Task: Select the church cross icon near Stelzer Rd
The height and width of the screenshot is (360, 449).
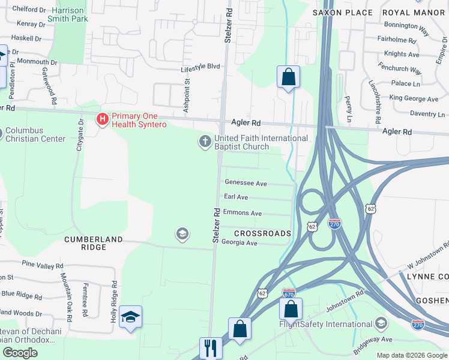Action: (205, 142)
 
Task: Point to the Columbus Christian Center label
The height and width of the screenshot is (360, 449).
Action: (35, 134)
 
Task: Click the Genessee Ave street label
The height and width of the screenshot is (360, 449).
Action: (245, 182)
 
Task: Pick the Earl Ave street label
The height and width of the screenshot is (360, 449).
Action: (235, 197)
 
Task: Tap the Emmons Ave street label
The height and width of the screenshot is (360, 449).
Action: (242, 213)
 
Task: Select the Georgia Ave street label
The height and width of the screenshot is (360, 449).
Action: (239, 243)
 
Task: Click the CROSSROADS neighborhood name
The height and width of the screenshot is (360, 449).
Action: (262, 233)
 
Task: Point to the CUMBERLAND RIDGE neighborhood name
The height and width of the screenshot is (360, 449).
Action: (94, 239)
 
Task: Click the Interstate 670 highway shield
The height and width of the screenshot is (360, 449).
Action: (289, 293)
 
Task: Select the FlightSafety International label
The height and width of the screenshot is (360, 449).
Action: (327, 325)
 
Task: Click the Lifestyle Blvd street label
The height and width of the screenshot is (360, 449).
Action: (200, 67)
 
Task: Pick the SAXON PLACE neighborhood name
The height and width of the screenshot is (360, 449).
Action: (343, 12)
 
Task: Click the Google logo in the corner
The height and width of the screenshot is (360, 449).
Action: (20, 353)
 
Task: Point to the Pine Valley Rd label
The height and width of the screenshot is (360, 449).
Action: (42, 265)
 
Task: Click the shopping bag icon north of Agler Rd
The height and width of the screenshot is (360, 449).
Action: (288, 77)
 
